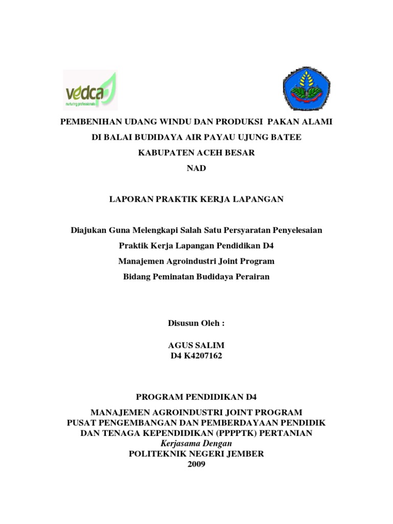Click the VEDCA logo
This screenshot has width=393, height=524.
[90, 91]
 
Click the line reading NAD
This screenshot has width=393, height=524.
[196, 168]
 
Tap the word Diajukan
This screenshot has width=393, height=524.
[88, 230]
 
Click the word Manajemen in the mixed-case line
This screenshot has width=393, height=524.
[140, 261]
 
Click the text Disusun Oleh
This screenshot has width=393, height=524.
[196, 323]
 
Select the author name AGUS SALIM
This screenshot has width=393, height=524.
[196, 346]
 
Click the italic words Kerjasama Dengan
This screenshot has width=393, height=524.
[196, 443]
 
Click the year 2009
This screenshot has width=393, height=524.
[196, 464]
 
